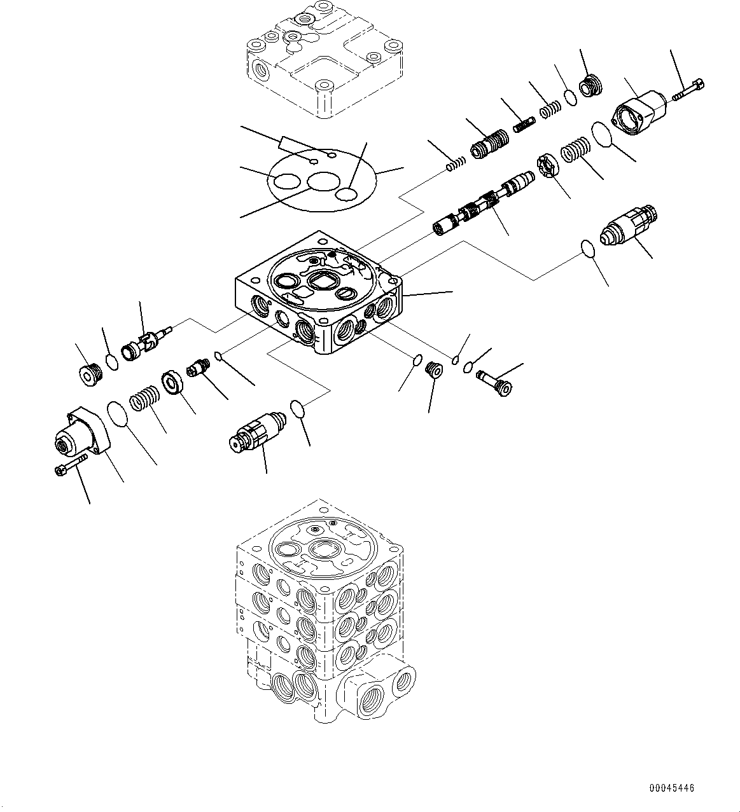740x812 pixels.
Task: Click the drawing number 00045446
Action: (671, 788)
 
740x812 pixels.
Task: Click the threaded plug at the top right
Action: (592, 86)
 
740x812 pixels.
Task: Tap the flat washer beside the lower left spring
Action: (172, 382)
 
